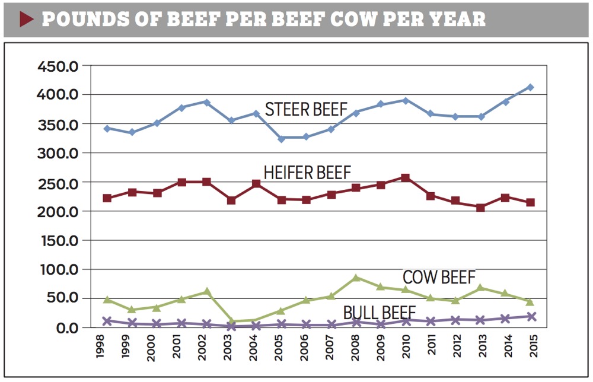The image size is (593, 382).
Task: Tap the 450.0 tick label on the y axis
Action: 58,66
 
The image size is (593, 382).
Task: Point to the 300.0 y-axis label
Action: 58,153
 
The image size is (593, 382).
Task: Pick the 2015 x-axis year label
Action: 531,350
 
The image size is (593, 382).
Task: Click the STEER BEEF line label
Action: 305,110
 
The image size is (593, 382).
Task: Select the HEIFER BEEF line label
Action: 307,173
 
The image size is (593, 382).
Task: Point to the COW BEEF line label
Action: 439,277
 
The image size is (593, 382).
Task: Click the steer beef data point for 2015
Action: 531,87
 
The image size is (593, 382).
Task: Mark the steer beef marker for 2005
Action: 281,138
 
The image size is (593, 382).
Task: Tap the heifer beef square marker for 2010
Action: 406,177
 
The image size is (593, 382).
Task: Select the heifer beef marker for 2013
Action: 480,208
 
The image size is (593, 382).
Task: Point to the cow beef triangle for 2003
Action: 231,321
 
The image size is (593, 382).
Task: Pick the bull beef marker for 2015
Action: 531,317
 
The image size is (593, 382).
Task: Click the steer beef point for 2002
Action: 206,102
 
